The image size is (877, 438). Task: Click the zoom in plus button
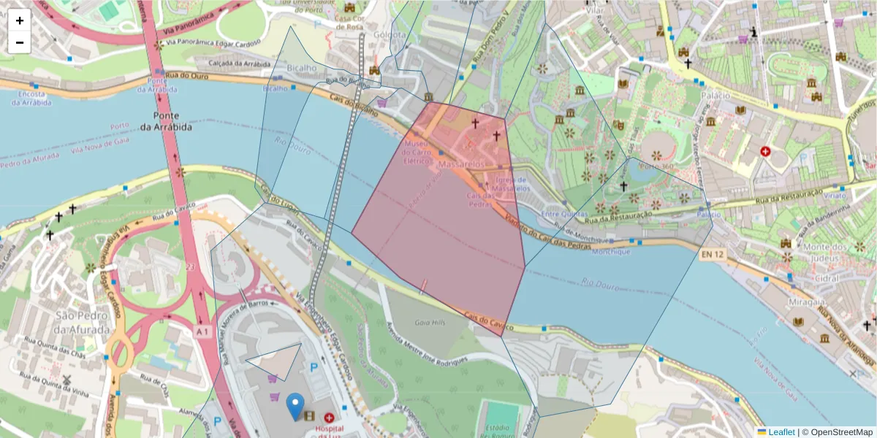coord(20,20)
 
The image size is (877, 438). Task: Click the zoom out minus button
coord(20,42)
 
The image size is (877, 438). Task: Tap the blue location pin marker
coord(295,406)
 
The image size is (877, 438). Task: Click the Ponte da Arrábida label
coord(172,121)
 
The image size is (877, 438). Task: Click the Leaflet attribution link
coord(781,431)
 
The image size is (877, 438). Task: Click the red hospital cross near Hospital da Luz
coord(329,418)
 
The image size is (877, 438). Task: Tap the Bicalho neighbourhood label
coord(301,68)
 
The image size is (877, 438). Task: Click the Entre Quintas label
coord(564,214)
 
